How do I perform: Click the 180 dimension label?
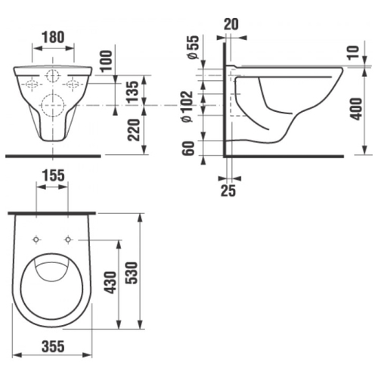[x=53, y=37]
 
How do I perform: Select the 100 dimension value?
[x=106, y=60]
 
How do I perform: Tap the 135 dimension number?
[x=133, y=91]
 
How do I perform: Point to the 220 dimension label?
[x=134, y=130]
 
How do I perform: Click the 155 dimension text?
[x=53, y=175]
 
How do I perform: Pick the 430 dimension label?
[x=110, y=283]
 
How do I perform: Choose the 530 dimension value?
[x=132, y=273]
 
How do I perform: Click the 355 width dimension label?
[x=53, y=346]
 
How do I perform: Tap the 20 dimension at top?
[x=231, y=24]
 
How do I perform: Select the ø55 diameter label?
[x=193, y=48]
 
